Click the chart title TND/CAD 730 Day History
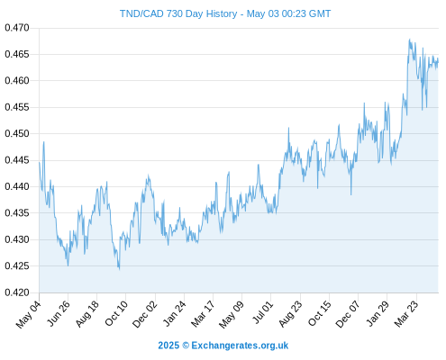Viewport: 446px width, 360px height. click(178, 13)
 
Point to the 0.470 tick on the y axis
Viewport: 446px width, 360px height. click(17, 28)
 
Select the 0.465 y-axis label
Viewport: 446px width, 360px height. click(17, 54)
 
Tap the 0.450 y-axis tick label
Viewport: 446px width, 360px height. click(17, 133)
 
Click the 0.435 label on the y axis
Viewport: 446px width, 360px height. click(17, 213)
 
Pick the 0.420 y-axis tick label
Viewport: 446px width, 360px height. click(17, 292)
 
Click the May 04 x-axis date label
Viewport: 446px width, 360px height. click(29, 314)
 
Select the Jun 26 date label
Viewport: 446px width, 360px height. click(59, 313)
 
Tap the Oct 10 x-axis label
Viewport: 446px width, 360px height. click(116, 313)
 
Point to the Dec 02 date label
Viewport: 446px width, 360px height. click(145, 314)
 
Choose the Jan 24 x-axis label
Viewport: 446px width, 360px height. click(175, 314)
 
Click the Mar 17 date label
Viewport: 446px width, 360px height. click(204, 314)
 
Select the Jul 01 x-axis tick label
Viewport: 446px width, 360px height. click(263, 312)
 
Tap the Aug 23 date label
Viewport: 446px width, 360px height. click(290, 314)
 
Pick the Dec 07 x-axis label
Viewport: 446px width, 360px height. click(348, 314)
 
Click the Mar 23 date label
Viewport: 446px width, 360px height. click(406, 314)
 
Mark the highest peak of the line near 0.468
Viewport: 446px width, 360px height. click(409, 40)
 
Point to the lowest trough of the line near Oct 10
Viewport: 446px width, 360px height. click(119, 269)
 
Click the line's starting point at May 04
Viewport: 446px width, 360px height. click(40, 162)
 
